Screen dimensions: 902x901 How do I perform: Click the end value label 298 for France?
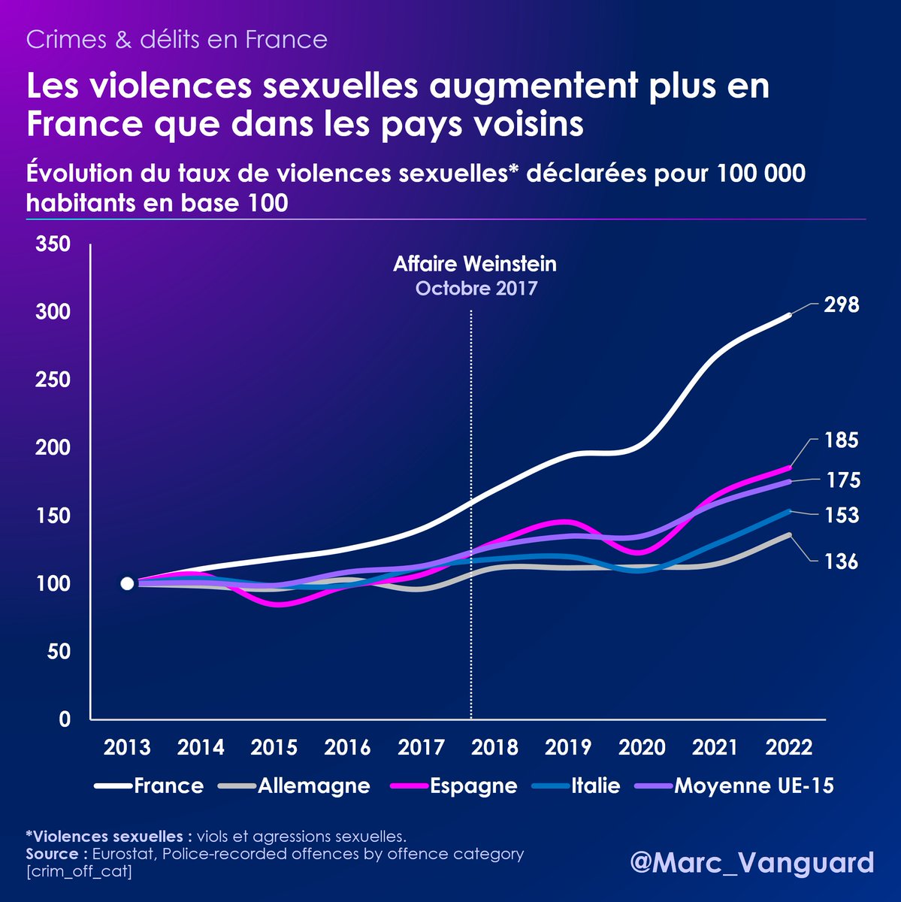841,305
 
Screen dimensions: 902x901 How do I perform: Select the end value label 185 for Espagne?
841,440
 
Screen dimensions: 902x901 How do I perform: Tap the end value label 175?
843,480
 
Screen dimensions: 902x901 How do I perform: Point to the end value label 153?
841,516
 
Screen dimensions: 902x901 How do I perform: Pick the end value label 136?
840,561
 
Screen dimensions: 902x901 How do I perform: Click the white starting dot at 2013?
127,583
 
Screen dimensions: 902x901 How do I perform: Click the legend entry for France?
150,786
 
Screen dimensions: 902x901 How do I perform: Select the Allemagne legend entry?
295,786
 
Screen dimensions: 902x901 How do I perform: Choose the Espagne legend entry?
455,786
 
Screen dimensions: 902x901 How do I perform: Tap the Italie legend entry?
576,786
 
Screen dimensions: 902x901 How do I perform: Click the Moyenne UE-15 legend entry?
735,786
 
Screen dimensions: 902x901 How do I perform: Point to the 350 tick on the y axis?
53,244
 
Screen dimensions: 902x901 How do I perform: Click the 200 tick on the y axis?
53,448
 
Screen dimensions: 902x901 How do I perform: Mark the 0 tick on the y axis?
64,719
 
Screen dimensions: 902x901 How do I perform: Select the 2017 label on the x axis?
421,748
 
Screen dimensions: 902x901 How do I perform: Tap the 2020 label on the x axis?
642,748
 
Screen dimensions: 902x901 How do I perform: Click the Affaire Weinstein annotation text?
475,265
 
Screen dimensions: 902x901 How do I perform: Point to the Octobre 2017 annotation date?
476,289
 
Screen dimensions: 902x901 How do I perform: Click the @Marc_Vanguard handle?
751,862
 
